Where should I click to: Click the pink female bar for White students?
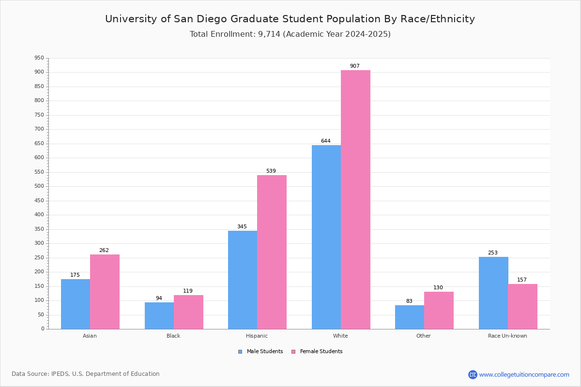coord(355,199)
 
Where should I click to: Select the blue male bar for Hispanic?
coord(243,280)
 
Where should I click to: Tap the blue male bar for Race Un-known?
coord(493,293)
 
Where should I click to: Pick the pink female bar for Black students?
coord(188,312)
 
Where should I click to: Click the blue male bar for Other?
coord(410,317)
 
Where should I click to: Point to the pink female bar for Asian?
coord(105,291)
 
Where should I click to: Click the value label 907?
coord(355,66)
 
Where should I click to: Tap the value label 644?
coord(326,141)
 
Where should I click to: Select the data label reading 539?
coord(271,171)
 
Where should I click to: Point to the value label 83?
coord(410,301)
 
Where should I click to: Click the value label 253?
coord(493,253)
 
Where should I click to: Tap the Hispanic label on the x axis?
coord(257,336)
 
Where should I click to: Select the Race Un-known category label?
coord(507,336)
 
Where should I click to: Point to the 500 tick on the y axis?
coord(39,186)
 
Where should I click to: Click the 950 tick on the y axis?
coord(39,58)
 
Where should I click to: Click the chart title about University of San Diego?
coord(290,19)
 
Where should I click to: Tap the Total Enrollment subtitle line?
coord(290,34)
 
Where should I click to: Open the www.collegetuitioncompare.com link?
coord(524,374)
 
